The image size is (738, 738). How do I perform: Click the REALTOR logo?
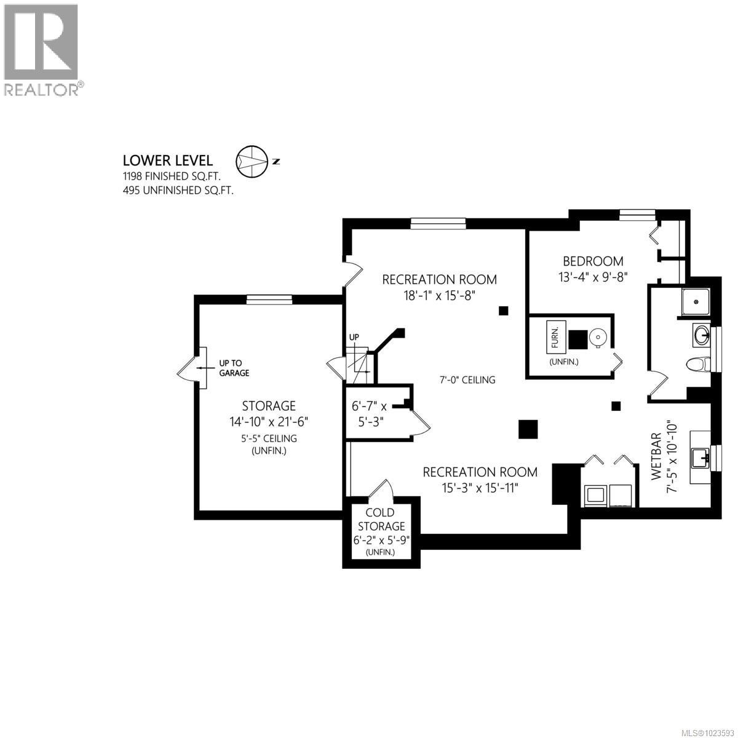41,49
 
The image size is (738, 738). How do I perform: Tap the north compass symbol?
252,161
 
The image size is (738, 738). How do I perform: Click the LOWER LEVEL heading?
168,161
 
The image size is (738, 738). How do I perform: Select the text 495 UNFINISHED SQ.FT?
178,191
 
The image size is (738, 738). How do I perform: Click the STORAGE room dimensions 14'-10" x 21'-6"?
269,422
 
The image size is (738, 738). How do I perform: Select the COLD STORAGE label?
380,519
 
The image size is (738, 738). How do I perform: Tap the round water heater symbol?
598,338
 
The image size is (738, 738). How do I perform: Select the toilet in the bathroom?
697,365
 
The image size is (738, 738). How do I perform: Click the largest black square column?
528,429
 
